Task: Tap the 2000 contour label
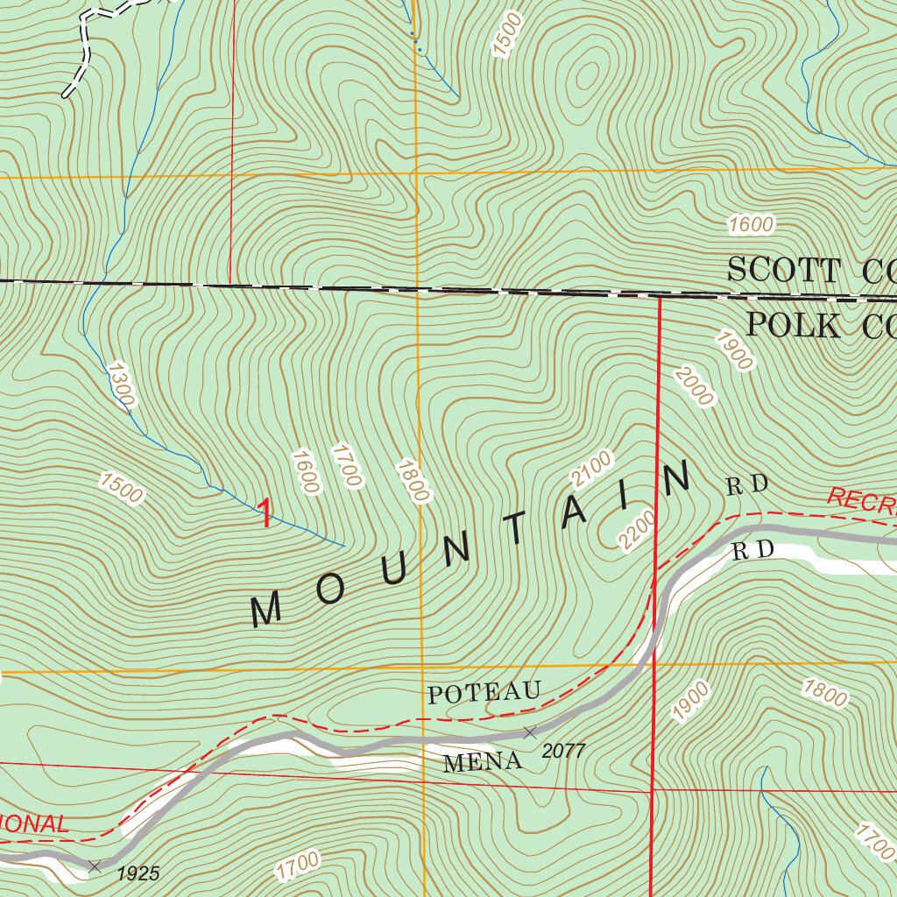[694, 385]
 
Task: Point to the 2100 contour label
[592, 470]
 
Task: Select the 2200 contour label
[637, 530]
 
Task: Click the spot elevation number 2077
[562, 751]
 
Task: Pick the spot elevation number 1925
[138, 873]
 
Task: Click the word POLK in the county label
[794, 325]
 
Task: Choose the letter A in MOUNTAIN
[573, 513]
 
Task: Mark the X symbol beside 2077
[529, 731]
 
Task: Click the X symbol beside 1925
[95, 865]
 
